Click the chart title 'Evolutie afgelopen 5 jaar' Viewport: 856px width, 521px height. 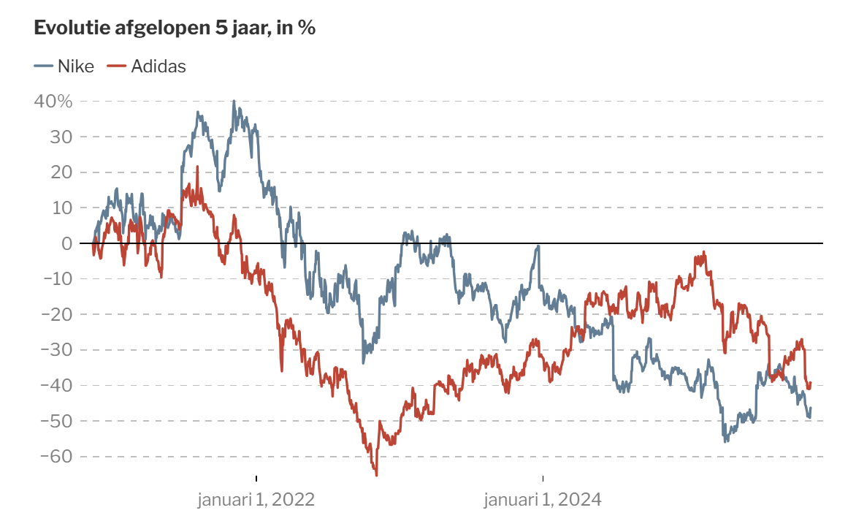153,28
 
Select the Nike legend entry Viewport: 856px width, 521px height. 64,66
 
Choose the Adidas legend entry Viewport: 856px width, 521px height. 146,66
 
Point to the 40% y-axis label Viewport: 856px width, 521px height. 53,101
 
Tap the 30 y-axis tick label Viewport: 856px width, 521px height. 61,137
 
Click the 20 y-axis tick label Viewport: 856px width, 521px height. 61,172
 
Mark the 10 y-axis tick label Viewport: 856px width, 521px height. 61,208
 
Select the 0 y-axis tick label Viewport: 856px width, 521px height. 66,243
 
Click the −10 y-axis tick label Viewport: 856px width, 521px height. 57,278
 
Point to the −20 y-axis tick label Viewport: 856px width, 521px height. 57,314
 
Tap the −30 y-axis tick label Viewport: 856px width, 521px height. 57,349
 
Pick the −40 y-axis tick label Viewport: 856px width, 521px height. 57,385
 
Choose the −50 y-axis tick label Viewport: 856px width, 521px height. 57,420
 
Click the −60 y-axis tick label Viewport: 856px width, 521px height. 57,456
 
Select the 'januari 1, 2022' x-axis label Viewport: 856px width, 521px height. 256,499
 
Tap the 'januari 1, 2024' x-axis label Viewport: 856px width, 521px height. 543,499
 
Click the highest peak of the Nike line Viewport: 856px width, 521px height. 234,101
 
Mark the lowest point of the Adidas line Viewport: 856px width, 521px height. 377,475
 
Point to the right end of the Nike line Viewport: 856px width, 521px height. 811,408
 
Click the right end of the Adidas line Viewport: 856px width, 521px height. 811,383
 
